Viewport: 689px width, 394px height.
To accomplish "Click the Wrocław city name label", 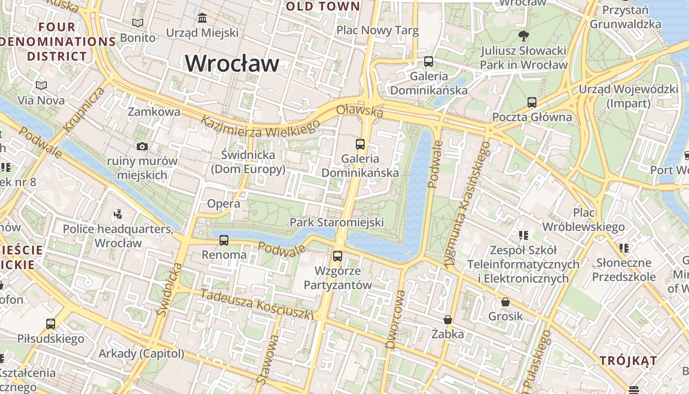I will click(232, 64).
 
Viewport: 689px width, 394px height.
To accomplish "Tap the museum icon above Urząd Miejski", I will click(202, 19).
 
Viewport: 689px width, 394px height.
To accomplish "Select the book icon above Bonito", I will click(138, 23).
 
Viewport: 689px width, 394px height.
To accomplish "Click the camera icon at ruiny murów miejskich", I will click(142, 146).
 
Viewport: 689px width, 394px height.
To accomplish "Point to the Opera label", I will click(223, 203).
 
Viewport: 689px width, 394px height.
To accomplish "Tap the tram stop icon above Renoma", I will click(224, 240).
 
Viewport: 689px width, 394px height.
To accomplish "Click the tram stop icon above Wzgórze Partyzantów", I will click(337, 256).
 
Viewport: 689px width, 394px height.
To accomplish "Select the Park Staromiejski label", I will click(337, 222).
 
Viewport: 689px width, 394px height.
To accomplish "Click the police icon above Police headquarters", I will click(118, 214).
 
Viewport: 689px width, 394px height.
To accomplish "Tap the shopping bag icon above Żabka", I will click(447, 320).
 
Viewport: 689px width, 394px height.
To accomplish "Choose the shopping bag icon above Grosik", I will click(505, 302).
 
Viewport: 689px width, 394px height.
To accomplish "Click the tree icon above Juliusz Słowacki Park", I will click(523, 35).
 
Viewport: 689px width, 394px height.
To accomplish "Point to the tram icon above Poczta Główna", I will click(532, 102).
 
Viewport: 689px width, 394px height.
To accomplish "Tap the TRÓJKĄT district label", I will click(628, 361).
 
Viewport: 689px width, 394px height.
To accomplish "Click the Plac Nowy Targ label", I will click(377, 31).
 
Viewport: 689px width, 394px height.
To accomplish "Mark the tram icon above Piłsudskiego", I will click(51, 324).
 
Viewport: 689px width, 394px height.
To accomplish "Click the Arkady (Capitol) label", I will click(141, 354).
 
